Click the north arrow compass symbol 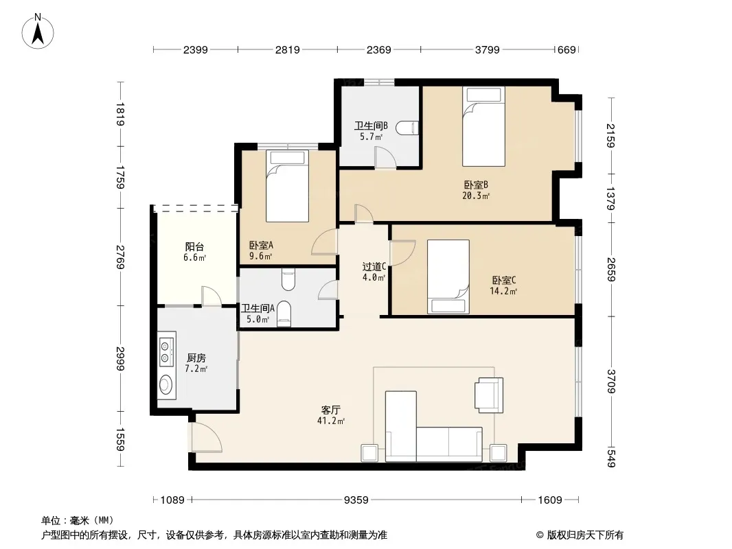(38, 31)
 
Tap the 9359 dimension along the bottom (356, 500)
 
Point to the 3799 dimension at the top (487, 50)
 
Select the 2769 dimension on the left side (120, 257)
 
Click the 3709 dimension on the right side (611, 381)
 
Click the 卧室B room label (476, 185)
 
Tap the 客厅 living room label (330, 410)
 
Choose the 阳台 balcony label (194, 247)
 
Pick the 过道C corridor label (374, 267)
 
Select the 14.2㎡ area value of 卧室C (503, 292)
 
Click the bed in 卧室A (287, 186)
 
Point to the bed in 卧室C (448, 277)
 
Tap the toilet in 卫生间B (408, 128)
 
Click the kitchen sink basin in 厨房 (165, 385)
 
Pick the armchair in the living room (489, 395)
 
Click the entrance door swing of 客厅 (206, 437)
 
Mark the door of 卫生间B (386, 157)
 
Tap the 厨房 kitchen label (196, 358)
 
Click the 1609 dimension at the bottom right (550, 500)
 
